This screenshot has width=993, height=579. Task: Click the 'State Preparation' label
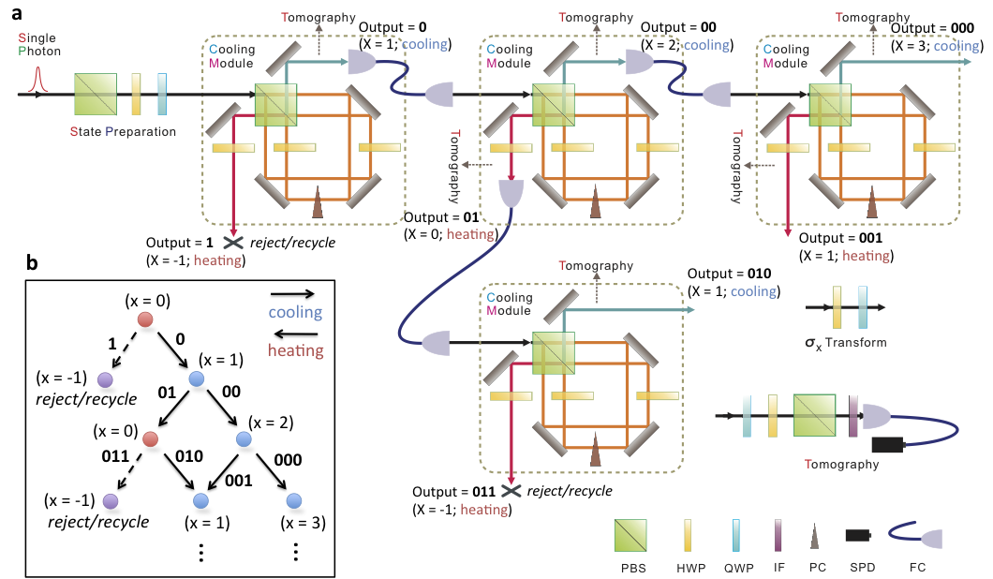[x=123, y=132]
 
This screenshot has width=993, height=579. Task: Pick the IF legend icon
[x=777, y=538]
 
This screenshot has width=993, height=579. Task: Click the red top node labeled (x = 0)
[x=145, y=320]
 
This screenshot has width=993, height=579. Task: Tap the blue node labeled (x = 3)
[x=293, y=499]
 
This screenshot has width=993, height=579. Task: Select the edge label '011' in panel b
[x=119, y=459]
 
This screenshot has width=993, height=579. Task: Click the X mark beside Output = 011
[x=511, y=491]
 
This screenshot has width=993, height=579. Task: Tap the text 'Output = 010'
[x=729, y=274]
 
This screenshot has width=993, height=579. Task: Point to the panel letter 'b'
[x=32, y=264]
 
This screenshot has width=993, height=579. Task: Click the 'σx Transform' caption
[x=845, y=343]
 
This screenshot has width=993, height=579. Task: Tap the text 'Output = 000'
[x=925, y=27]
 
